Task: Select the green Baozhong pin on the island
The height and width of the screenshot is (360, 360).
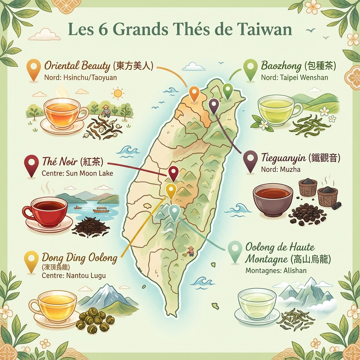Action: click(x=228, y=90)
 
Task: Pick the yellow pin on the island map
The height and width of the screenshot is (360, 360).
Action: click(x=171, y=190)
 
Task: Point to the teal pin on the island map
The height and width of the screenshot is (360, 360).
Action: click(x=174, y=211)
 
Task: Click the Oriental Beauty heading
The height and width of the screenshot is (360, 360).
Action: click(x=78, y=66)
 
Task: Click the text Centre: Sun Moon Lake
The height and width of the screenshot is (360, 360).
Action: click(x=77, y=173)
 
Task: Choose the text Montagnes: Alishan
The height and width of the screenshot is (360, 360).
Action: click(x=271, y=271)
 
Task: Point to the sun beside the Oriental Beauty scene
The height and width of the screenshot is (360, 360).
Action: click(x=117, y=93)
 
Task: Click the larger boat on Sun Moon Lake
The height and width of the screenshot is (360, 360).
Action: click(x=101, y=210)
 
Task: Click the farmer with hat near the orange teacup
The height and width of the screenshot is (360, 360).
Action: click(x=106, y=111)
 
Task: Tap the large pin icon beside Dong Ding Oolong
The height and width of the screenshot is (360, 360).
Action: click(x=31, y=261)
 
